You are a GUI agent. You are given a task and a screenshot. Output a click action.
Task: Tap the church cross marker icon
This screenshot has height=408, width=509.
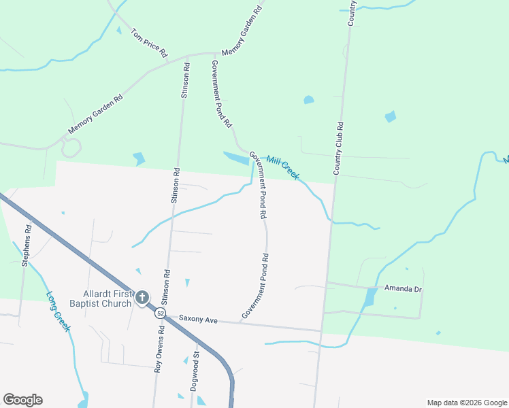[142, 297]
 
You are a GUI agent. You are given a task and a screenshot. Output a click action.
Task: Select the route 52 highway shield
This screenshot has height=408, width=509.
[159, 313]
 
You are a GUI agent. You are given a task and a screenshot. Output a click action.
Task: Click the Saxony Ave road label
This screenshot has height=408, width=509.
[197, 318]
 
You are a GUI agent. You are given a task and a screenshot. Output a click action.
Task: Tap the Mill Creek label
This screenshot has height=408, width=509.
[282, 168]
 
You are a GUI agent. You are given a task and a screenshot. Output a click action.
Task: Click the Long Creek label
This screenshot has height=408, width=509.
[59, 311]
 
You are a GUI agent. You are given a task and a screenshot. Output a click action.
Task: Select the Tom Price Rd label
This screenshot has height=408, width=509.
[149, 43]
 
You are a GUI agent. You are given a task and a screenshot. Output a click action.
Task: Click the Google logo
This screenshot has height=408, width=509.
[22, 400]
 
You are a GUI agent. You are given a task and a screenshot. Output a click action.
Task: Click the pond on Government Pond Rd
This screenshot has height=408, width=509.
[236, 158]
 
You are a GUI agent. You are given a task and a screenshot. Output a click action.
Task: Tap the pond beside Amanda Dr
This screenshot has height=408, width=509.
[370, 297]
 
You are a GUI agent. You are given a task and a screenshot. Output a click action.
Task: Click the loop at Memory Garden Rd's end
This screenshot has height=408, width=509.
[71, 146]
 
